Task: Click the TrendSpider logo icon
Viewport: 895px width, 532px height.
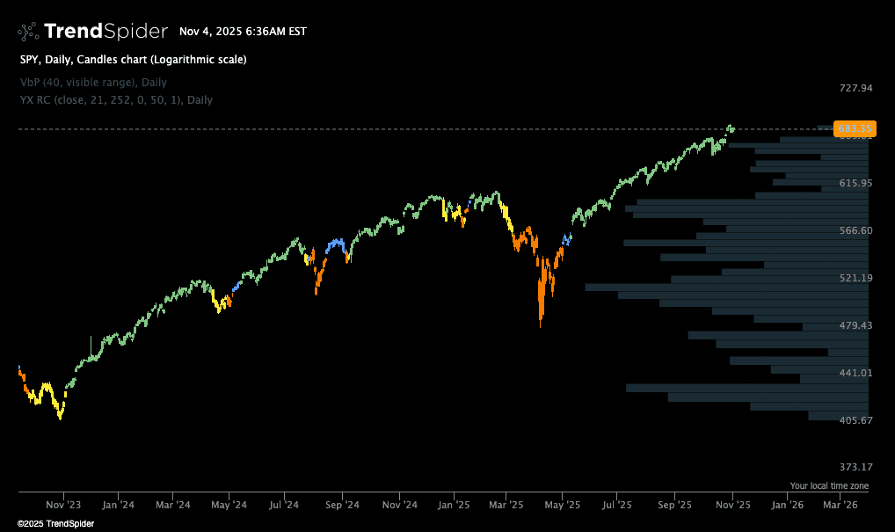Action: (x=28, y=32)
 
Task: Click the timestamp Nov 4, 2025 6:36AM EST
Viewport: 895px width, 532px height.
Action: (x=243, y=32)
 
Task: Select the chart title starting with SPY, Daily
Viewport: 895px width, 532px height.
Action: (x=133, y=60)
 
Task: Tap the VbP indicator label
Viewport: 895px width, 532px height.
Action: (x=93, y=82)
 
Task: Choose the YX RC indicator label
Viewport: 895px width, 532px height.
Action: (x=116, y=99)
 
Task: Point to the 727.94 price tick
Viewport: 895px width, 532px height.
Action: (x=855, y=88)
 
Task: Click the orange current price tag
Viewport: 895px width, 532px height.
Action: (x=855, y=129)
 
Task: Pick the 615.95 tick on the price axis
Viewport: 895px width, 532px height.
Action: (x=855, y=183)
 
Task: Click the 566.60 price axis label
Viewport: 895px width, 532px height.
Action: (x=855, y=230)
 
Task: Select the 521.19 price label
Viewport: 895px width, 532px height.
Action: (x=855, y=278)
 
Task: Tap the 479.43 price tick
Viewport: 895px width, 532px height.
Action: (x=855, y=325)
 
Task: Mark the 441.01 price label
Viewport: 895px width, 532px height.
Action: (x=855, y=373)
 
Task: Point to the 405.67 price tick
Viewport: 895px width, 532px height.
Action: (x=855, y=420)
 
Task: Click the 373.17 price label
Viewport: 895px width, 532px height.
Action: (x=855, y=467)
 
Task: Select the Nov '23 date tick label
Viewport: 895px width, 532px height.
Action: (x=63, y=506)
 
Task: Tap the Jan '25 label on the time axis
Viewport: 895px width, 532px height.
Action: (x=454, y=506)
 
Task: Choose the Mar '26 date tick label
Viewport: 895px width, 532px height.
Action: (x=840, y=506)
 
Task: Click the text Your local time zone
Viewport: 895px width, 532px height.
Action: (x=829, y=485)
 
